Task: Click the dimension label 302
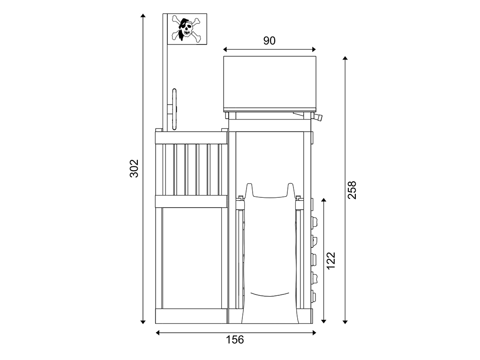point(134,168)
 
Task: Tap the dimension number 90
point(270,41)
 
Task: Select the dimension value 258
point(352,190)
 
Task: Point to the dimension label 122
point(331,261)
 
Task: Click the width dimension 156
point(235,339)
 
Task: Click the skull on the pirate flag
point(187,30)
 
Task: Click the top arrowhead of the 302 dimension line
point(142,16)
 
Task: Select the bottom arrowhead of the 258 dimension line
point(345,322)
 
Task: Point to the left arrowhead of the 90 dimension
point(225,49)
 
